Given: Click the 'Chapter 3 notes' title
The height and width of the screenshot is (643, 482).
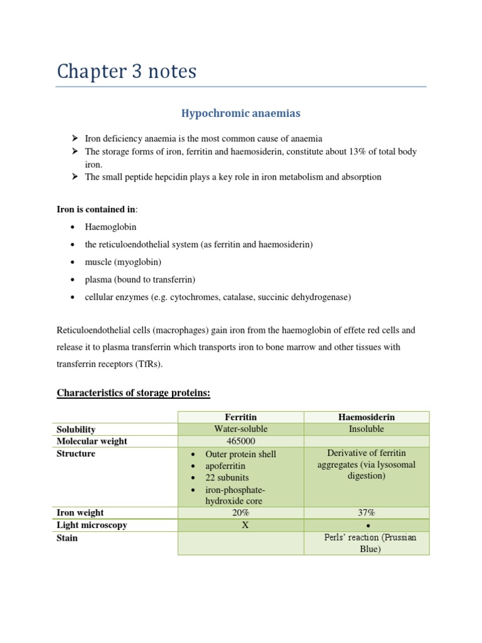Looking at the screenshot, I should click(126, 72).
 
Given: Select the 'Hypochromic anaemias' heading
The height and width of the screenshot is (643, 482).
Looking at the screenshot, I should click(241, 114).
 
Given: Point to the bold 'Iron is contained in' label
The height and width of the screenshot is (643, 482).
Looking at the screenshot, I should click(97, 209).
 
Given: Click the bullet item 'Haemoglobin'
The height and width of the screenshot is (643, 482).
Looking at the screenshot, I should click(110, 227).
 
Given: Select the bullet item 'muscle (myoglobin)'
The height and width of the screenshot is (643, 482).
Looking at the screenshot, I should click(123, 262).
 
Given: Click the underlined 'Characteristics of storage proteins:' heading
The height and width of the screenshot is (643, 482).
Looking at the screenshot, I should click(133, 393).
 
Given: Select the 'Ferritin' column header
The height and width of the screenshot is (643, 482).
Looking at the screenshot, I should click(241, 417).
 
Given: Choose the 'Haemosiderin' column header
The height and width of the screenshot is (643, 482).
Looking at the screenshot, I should click(367, 417).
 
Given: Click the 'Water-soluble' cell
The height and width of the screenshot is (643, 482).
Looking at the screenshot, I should click(241, 429).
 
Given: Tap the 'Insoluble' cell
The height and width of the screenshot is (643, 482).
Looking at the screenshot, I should click(367, 429).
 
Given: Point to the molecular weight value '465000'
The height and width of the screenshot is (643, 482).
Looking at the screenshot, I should click(241, 441).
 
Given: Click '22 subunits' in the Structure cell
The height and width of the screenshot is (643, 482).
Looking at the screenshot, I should click(227, 478).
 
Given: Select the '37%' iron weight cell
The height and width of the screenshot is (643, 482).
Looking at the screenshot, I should click(367, 513).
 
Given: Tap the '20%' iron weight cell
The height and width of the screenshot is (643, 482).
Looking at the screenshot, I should click(241, 513).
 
